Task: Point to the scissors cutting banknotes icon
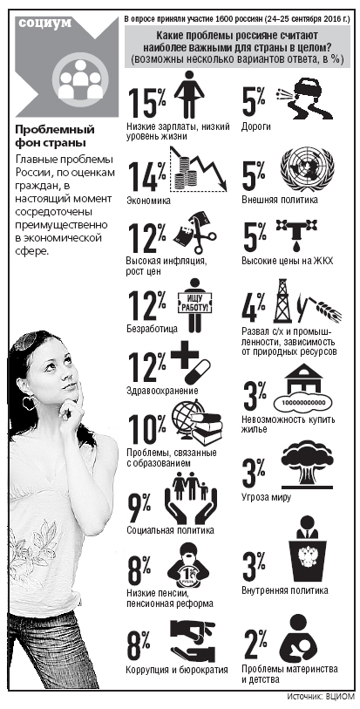194,233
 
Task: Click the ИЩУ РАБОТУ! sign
195,303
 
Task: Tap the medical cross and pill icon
191,364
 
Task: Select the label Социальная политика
170,530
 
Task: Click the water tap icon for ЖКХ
295,235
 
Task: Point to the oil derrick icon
282,300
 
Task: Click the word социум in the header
45,23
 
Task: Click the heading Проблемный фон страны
55,137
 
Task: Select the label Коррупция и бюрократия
177,670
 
